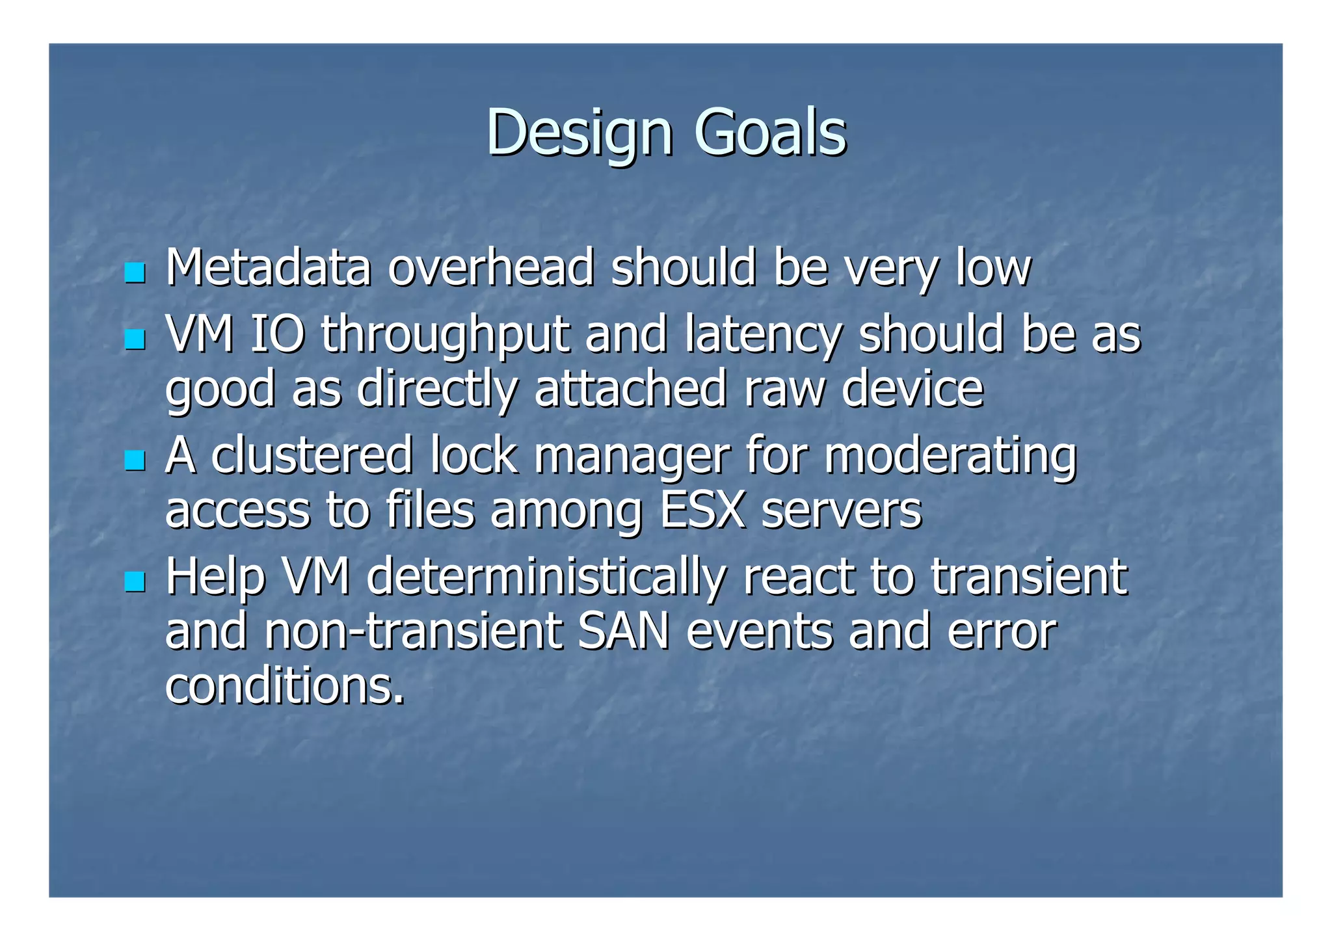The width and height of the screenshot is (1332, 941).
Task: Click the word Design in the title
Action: [578, 133]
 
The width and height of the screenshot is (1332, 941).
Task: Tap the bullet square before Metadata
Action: [135, 272]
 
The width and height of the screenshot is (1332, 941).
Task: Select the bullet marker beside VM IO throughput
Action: [135, 339]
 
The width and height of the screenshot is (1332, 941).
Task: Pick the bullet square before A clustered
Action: [135, 460]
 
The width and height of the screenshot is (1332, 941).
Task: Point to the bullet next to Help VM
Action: [135, 581]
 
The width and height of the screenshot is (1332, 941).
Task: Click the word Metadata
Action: [268, 268]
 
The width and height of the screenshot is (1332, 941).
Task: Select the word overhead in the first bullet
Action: [491, 268]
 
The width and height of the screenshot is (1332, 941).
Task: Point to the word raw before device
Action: [784, 389]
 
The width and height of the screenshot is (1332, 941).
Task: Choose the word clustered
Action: [312, 456]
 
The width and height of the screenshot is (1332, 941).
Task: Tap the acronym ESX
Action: [702, 510]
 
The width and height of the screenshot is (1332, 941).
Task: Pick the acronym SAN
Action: [623, 631]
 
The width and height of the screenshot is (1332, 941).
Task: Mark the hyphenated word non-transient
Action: [413, 631]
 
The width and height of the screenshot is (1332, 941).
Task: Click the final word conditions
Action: [284, 686]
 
